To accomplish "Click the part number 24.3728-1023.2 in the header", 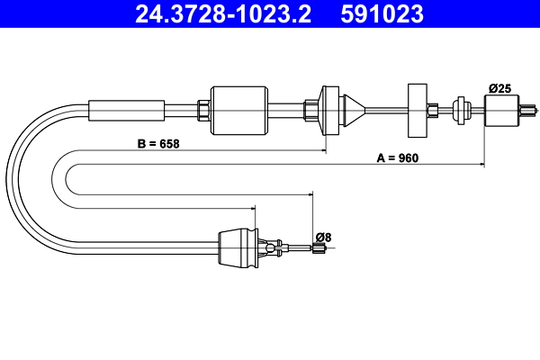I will point(227,14).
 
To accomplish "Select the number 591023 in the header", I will point(383,14).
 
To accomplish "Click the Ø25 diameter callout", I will point(500,87).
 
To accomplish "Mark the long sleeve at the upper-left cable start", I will point(127,109).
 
